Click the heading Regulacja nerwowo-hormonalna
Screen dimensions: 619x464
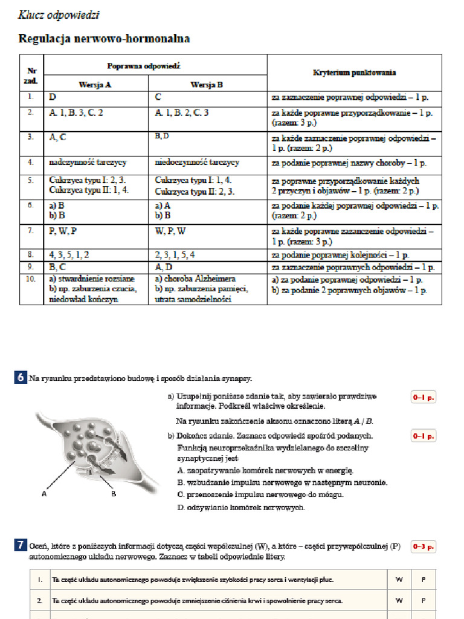click(x=105, y=39)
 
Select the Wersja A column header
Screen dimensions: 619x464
click(x=95, y=85)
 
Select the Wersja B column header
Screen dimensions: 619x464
click(x=207, y=85)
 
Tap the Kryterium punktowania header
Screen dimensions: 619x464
click(x=354, y=73)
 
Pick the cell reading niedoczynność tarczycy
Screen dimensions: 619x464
click(x=197, y=162)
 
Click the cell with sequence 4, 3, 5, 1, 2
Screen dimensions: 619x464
click(x=69, y=255)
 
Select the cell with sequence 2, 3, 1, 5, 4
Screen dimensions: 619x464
click(x=175, y=255)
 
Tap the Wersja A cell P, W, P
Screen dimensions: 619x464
click(x=63, y=231)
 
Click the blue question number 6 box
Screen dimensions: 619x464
click(x=21, y=378)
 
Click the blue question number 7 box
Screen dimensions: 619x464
click(x=21, y=546)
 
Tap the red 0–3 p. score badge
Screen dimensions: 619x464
click(x=423, y=546)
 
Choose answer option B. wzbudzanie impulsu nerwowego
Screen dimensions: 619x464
click(x=282, y=482)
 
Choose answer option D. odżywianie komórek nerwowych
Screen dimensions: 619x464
click(x=241, y=508)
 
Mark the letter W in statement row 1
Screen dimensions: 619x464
click(x=399, y=580)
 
